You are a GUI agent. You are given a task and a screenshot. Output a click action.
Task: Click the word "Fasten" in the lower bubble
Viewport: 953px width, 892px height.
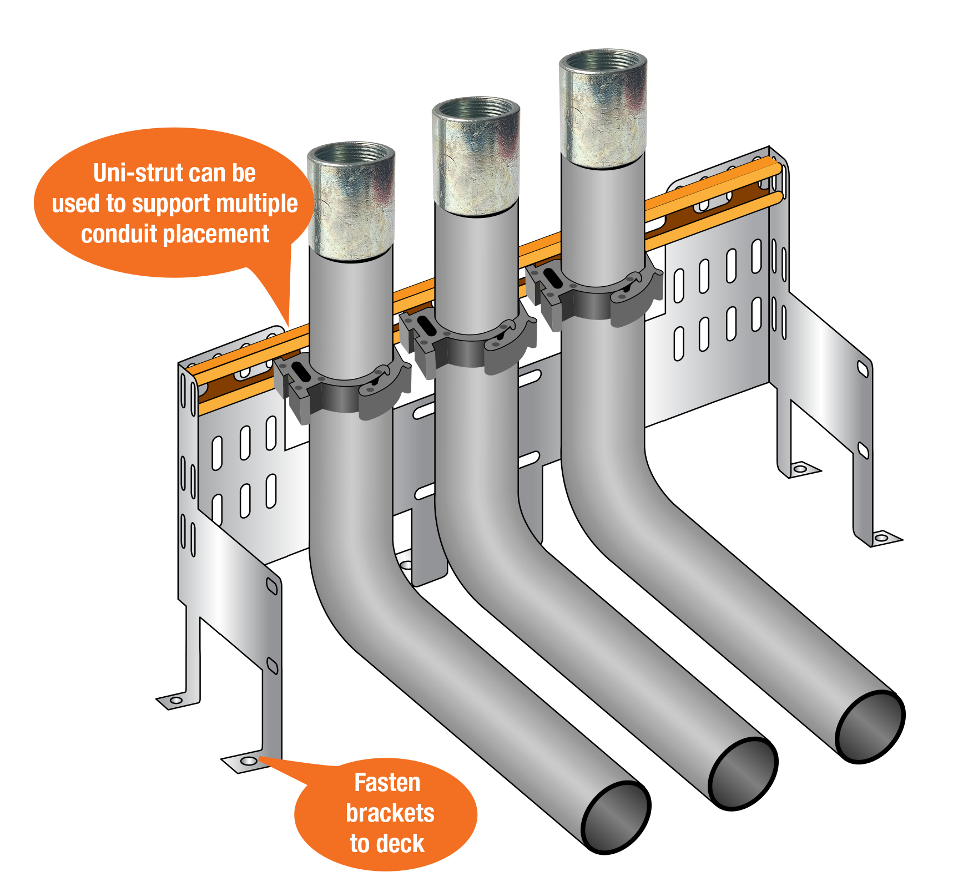point(387,783)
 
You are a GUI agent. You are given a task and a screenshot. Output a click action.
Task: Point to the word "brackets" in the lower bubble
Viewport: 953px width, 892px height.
point(390,813)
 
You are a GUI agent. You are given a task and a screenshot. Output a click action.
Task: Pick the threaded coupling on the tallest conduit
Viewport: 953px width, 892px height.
point(603,109)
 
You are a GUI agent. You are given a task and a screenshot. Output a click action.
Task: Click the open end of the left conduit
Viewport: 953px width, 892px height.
point(616,817)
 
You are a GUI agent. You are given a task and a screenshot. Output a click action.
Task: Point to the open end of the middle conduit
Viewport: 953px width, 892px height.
point(743,774)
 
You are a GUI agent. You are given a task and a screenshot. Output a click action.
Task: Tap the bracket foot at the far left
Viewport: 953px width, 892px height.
point(178,701)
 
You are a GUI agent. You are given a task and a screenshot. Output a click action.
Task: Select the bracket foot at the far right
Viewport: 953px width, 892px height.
point(883,538)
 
